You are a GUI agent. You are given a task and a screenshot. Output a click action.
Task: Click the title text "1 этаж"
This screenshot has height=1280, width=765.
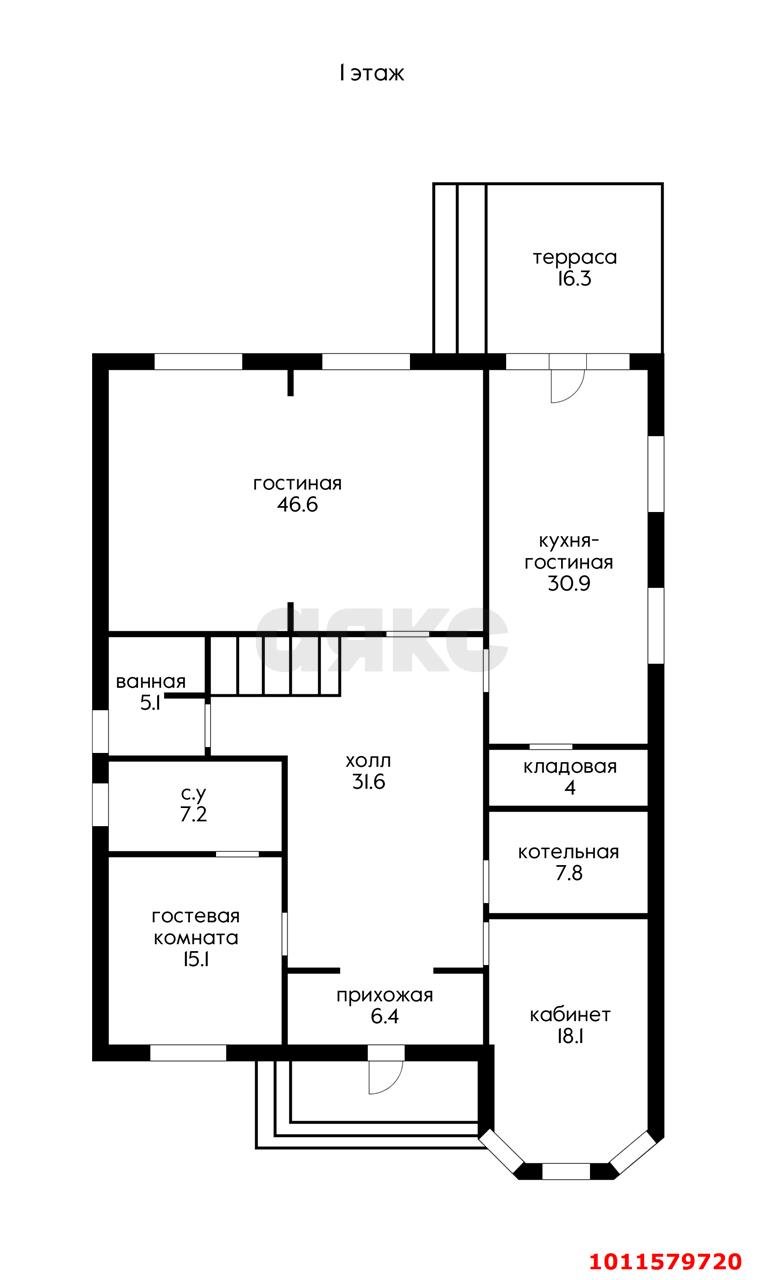point(371,73)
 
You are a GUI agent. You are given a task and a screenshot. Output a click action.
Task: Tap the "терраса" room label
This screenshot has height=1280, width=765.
point(575,258)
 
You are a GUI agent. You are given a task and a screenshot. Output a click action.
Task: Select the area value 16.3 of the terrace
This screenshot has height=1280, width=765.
point(574,279)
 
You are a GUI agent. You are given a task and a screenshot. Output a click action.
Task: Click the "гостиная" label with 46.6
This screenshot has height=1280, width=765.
point(297,483)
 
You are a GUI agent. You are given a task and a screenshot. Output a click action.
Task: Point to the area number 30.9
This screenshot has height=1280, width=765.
point(569,583)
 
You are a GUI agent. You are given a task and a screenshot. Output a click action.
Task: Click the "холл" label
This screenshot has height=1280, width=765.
point(369,761)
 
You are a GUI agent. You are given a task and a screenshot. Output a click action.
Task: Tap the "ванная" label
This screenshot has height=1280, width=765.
point(151,681)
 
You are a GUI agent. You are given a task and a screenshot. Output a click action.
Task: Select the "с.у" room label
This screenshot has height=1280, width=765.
point(194,794)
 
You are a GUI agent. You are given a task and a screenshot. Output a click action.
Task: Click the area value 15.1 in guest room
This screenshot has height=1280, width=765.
point(195,959)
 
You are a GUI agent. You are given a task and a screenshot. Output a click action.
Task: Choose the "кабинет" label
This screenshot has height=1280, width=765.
point(570,1015)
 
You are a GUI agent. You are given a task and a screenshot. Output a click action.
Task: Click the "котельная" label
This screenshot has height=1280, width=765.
point(568,852)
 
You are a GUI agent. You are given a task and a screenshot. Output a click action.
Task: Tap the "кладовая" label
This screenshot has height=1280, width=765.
point(570,766)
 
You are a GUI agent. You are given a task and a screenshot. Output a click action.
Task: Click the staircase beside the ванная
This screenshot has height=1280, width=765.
point(275,666)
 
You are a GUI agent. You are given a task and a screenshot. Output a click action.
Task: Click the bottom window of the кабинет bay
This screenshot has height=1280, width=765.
point(566,1171)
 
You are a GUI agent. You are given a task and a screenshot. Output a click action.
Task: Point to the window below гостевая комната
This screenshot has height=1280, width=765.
point(188,1053)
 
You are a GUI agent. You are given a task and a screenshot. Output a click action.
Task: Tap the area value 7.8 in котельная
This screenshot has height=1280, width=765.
point(569,873)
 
